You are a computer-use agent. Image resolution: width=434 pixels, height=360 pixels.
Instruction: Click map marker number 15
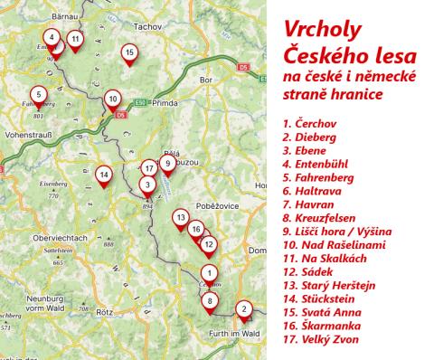tap(130, 53)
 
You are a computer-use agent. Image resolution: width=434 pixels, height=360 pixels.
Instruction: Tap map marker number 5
tap(38, 94)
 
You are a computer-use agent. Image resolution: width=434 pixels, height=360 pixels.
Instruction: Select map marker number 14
tap(105, 175)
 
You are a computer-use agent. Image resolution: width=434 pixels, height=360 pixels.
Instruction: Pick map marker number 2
tap(243, 310)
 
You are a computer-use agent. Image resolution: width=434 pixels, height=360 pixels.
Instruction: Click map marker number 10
tap(111, 99)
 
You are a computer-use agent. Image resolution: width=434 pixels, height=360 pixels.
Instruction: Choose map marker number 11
tap(76, 39)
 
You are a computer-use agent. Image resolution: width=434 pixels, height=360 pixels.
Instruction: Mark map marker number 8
tap(211, 301)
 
